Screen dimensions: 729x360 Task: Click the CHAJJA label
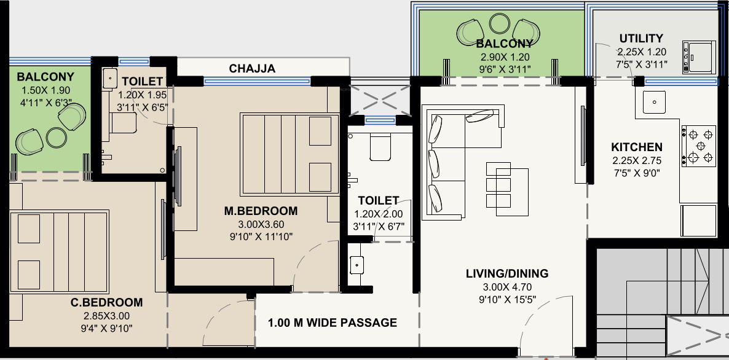click(252, 69)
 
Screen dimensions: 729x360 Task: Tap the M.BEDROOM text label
click(261, 211)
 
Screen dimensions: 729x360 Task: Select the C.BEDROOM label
click(107, 302)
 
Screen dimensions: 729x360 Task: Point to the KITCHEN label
click(636, 147)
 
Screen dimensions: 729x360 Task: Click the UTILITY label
click(641, 38)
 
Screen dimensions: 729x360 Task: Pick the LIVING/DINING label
click(507, 273)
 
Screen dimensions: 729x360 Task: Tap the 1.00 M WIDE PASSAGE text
click(333, 323)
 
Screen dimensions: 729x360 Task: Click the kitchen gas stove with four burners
click(699, 146)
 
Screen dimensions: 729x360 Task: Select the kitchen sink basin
click(654, 102)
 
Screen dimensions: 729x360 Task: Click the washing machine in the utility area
click(699, 58)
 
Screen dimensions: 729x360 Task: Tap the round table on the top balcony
click(500, 23)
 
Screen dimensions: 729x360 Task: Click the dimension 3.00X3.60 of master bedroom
click(261, 225)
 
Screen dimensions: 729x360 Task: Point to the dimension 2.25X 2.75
click(636, 161)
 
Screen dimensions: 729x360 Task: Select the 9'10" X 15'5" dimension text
click(507, 300)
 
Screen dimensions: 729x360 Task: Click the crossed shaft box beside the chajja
click(380, 100)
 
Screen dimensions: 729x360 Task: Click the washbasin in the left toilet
click(110, 79)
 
